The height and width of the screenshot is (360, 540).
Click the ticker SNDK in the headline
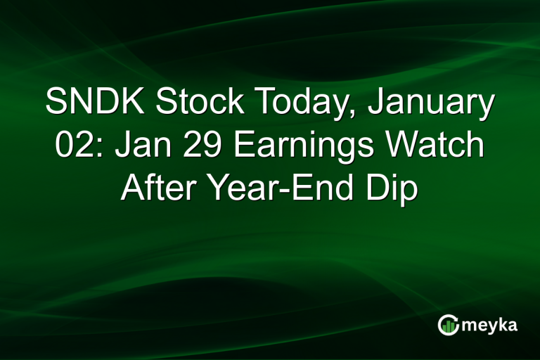pyautogui.click(x=96, y=103)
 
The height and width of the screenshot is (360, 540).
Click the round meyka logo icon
pyautogui.click(x=448, y=324)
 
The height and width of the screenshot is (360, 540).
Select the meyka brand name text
pyautogui.click(x=491, y=324)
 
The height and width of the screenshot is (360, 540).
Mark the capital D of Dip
pyautogui.click(x=375, y=188)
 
